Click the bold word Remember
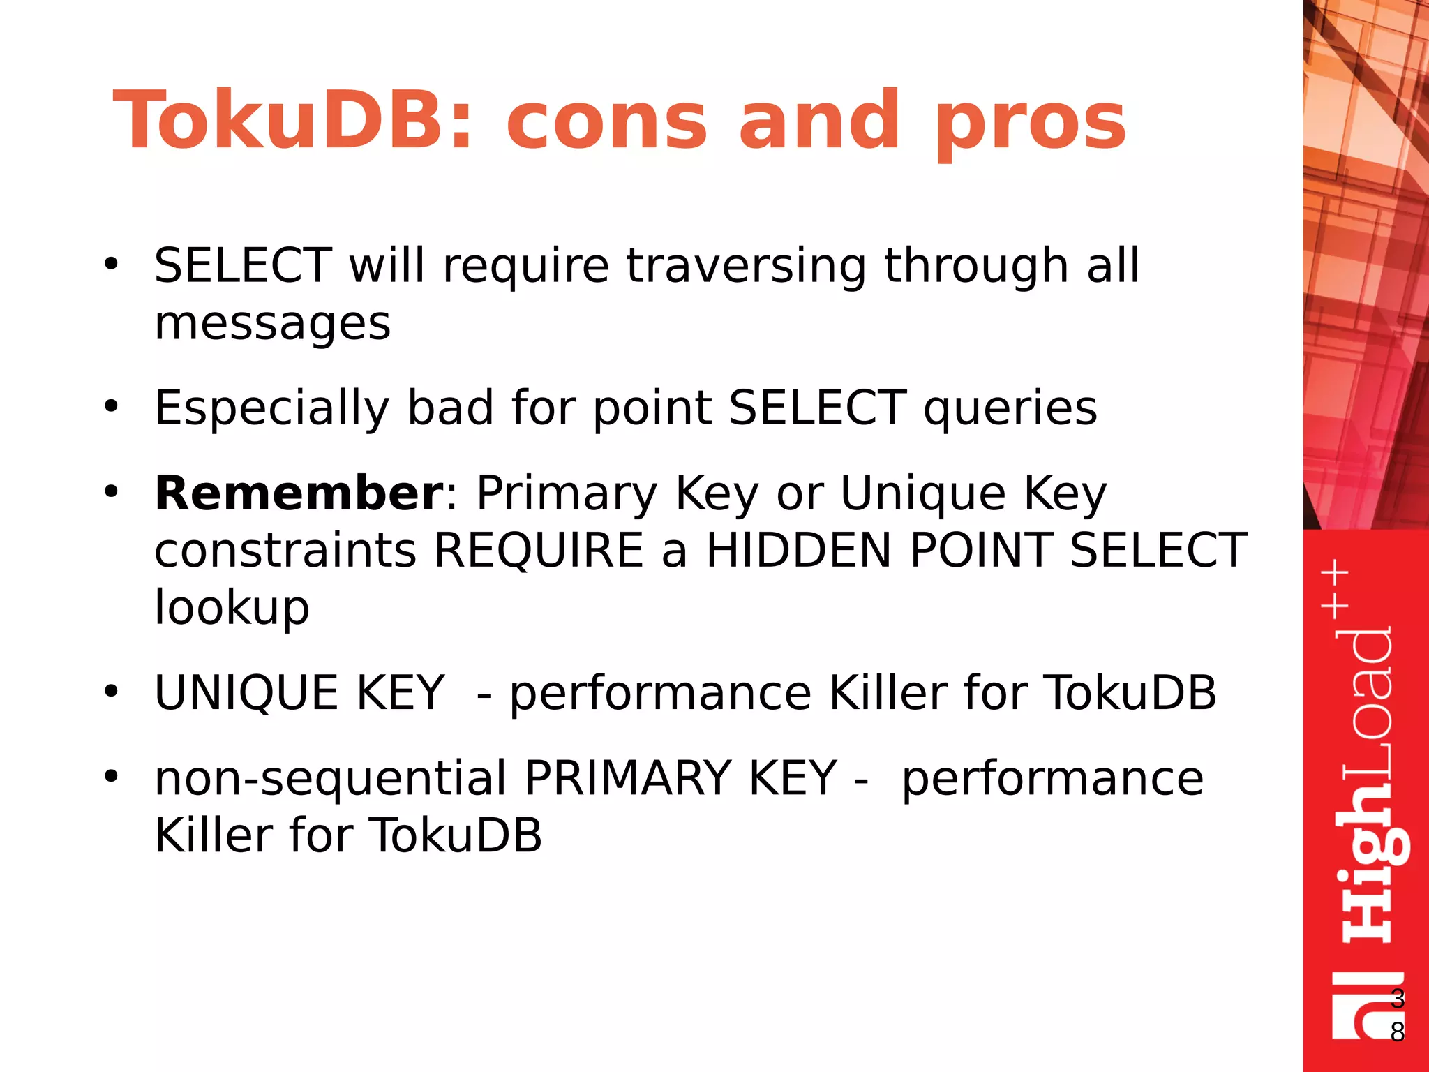point(299,493)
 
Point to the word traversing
point(746,267)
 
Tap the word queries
point(1010,409)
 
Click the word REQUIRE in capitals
point(539,551)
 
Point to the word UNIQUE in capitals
point(246,693)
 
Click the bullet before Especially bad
point(111,406)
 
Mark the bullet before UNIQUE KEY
point(111,692)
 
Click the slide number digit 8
point(1397,1032)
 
